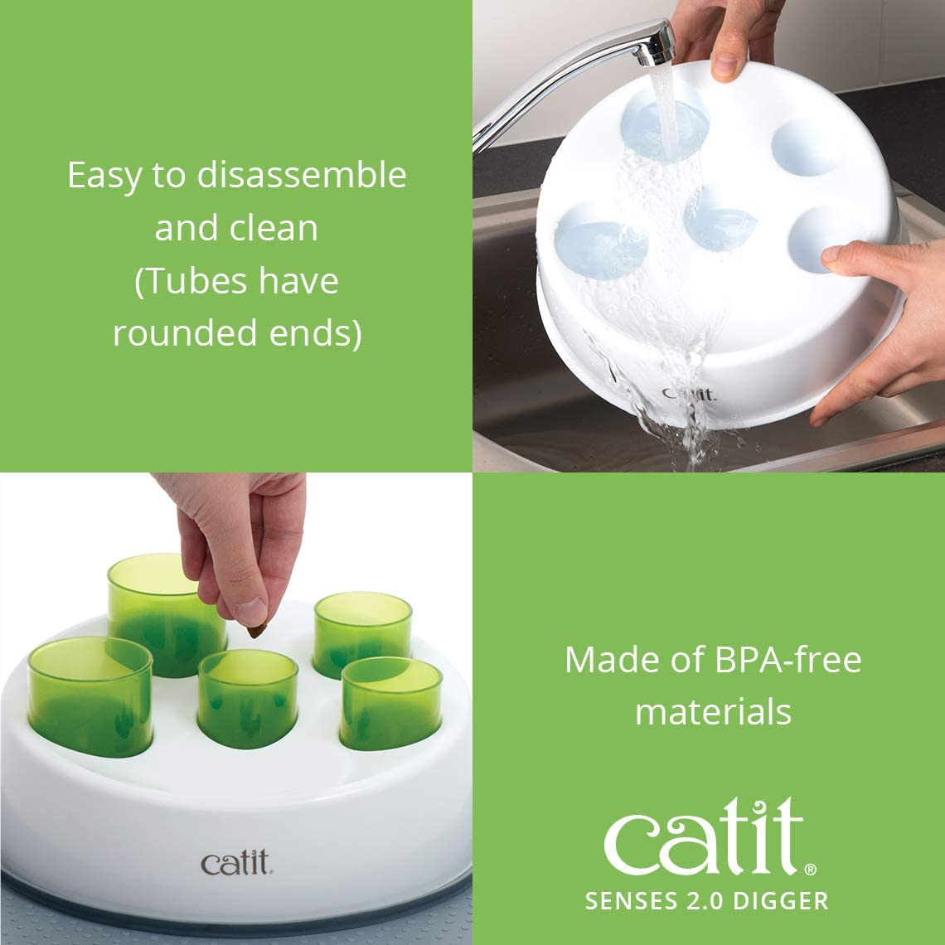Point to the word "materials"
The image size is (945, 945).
click(x=713, y=712)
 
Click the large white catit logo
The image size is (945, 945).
click(x=704, y=832)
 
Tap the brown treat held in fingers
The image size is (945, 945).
click(x=255, y=631)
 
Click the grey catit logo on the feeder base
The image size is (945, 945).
click(x=235, y=863)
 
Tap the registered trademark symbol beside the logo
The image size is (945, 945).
click(x=810, y=870)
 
